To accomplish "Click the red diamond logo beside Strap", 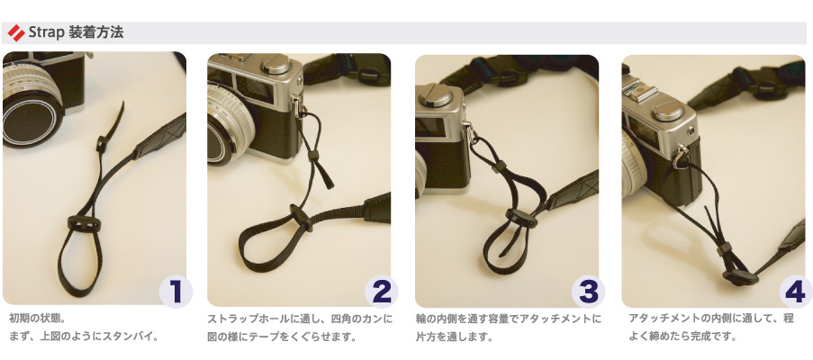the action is (16, 33).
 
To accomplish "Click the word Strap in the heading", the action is (46, 33).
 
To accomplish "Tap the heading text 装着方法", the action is (96, 32).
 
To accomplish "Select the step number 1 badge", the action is (176, 292).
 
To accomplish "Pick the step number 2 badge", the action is (382, 292).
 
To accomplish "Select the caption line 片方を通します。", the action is (453, 337).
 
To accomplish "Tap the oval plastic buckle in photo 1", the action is (84, 224).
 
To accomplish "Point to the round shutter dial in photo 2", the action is (276, 65).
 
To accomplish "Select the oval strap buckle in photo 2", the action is (301, 217).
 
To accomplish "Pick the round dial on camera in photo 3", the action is (435, 94).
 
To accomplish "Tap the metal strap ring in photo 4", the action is (681, 157).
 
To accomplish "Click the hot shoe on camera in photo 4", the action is (641, 93).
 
